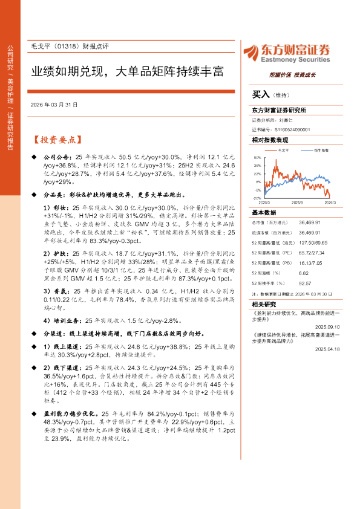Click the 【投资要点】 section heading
pyautogui.click(x=56, y=140)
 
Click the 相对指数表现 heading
pyautogui.click(x=270, y=139)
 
